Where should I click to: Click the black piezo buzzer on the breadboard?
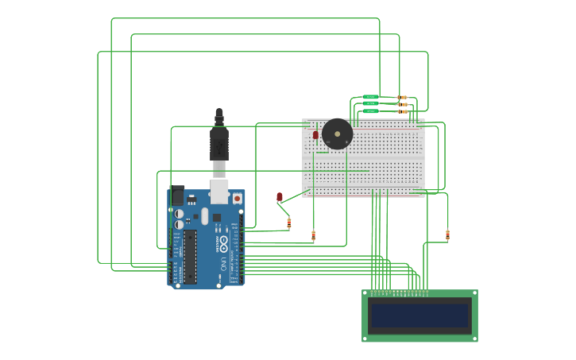coord(338,134)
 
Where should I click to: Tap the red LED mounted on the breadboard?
coord(315,135)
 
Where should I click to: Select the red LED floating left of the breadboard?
coord(279,196)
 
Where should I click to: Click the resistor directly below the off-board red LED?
coord(289,223)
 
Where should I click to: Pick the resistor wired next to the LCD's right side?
coord(447,234)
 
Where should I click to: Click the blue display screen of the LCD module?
coord(419,315)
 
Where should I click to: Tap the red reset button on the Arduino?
coord(237,198)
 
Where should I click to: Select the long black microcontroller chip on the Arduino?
coord(191,257)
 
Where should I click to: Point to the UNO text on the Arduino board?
coord(224,263)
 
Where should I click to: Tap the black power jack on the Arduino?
coord(176,195)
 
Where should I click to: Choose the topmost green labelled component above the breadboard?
coord(370,97)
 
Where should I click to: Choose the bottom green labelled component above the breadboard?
coord(370,111)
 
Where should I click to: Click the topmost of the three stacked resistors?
coord(403,97)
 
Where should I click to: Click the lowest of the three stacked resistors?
coord(403,111)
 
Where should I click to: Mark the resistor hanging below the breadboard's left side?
coord(313,235)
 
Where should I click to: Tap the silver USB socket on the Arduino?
coord(219,192)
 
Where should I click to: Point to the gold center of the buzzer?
coord(338,134)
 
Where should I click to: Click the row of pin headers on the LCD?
coord(397,293)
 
